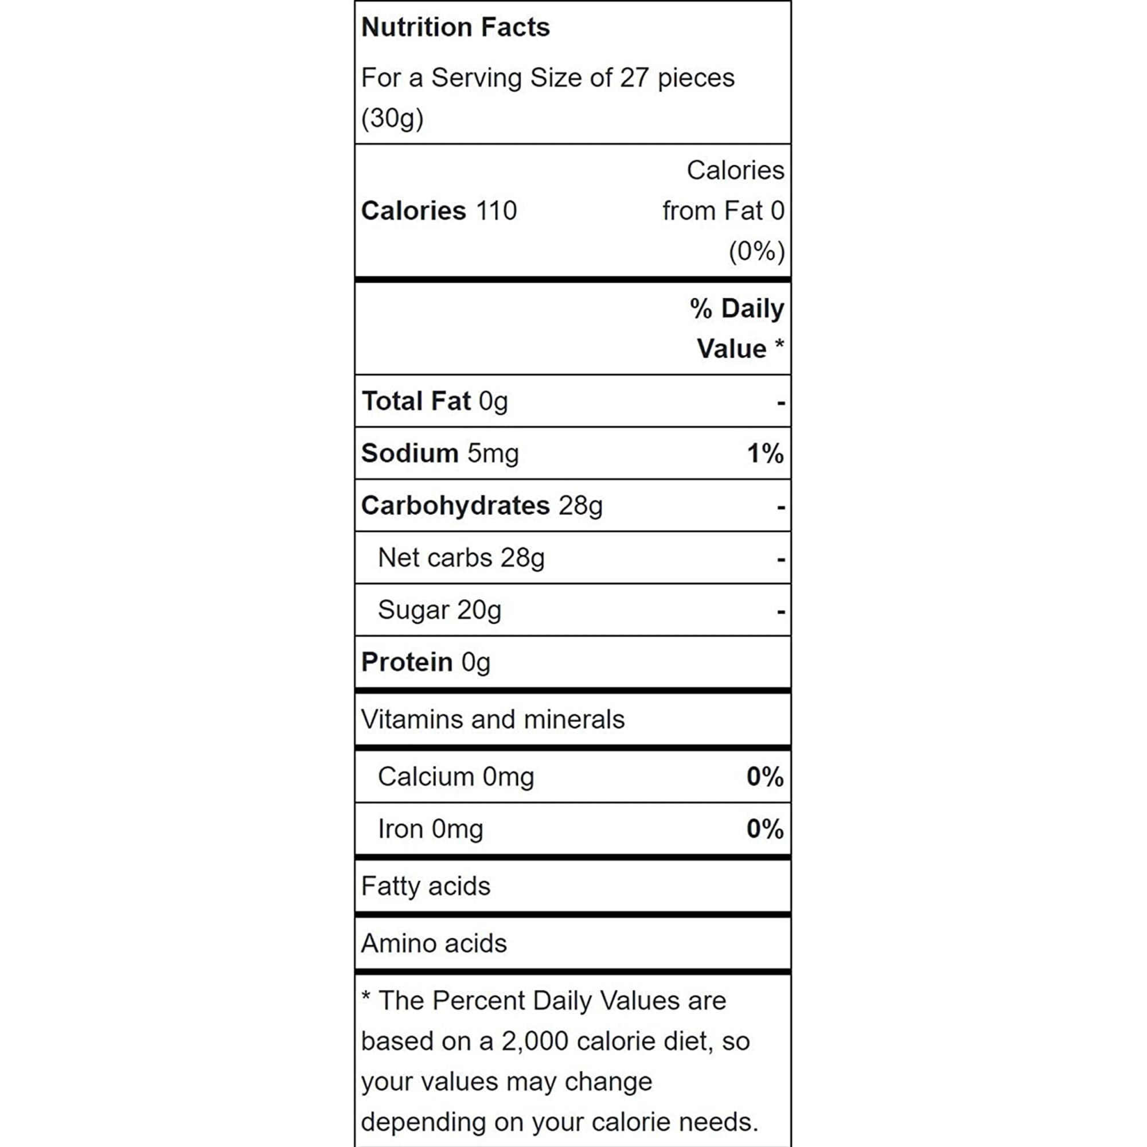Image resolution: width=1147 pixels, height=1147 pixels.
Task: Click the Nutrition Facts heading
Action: [455, 28]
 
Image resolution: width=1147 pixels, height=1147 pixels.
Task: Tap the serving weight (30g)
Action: [392, 118]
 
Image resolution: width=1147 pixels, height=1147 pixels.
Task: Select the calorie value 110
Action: [496, 210]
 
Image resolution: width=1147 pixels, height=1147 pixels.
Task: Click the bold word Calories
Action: [413, 210]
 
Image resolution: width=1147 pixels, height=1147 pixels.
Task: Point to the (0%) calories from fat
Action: [756, 251]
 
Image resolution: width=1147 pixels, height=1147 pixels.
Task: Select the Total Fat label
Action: [416, 401]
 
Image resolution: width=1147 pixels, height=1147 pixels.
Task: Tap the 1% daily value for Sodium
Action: [764, 454]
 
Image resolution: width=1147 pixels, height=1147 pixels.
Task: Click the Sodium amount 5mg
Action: [493, 454]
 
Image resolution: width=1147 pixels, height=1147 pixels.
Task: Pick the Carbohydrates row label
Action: [455, 506]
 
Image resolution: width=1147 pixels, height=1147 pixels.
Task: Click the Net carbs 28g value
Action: [522, 558]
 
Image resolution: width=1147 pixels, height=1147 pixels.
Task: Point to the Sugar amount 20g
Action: [478, 610]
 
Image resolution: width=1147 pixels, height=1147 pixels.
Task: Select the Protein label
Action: [407, 662]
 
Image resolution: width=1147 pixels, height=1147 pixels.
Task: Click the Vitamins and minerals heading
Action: [493, 720]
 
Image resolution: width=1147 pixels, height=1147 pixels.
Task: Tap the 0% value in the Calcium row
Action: [764, 777]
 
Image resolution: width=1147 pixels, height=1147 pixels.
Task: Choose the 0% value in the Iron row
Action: [764, 829]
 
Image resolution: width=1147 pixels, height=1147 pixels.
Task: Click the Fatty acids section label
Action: [426, 887]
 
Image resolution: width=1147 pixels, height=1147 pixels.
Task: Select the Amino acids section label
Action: [434, 943]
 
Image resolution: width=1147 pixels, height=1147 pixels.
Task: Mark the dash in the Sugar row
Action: [781, 611]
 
